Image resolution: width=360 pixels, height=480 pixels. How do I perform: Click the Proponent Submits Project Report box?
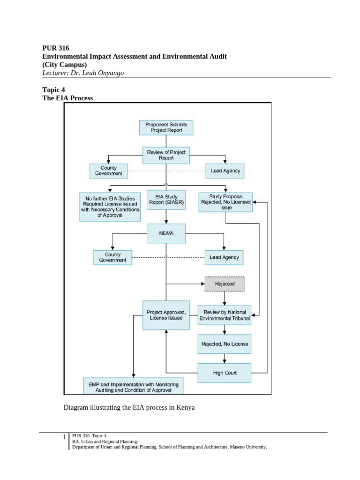(166, 127)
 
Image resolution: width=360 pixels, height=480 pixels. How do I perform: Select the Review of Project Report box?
(166, 155)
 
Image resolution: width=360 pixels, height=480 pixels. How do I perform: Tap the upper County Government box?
(109, 171)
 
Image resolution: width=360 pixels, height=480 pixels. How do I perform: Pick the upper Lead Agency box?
(225, 171)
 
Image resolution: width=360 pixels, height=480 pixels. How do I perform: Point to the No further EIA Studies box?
(110, 207)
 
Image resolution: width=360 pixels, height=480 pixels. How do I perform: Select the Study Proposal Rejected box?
(225, 202)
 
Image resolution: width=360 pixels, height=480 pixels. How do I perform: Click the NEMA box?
(166, 233)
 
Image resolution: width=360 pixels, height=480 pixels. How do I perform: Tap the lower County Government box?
(112, 257)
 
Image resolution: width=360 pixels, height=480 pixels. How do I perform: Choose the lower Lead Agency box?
(224, 257)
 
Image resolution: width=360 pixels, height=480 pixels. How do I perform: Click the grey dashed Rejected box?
(225, 284)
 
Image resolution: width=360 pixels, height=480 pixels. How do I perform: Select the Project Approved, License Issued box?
(166, 315)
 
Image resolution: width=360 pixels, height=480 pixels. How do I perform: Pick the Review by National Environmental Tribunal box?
(225, 315)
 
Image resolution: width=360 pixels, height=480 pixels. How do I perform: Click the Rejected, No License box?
(225, 344)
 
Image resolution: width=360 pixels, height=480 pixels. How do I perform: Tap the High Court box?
(225, 373)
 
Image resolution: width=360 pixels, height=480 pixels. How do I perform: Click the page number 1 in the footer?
(64, 438)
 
